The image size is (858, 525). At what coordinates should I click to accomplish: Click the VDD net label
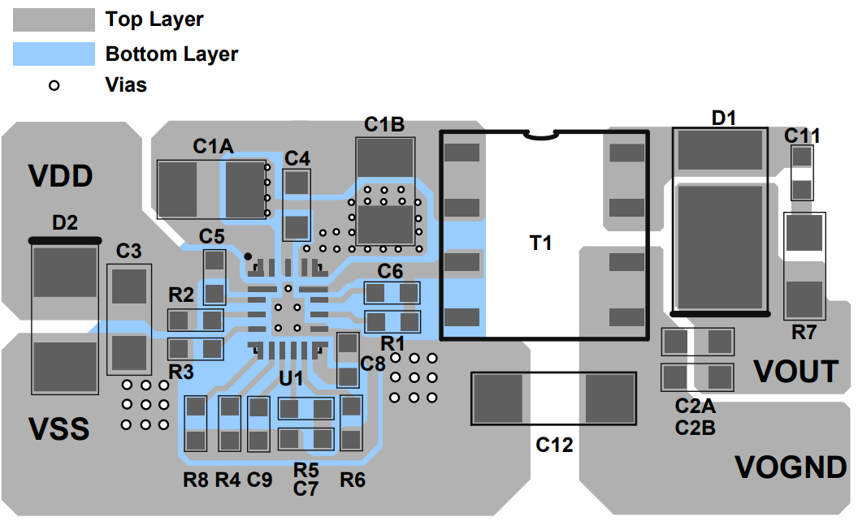(61, 176)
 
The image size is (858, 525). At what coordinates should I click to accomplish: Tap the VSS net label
(59, 428)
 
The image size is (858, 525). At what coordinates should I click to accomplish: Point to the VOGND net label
(791, 467)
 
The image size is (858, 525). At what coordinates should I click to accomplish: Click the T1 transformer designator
(541, 243)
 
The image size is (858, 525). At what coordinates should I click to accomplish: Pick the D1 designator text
(723, 118)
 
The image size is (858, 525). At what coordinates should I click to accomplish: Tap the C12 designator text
(555, 445)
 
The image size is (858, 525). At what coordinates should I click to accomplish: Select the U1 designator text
(291, 378)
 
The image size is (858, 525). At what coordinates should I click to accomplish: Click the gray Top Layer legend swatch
(54, 19)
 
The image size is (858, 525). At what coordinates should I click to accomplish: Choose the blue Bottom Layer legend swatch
(54, 54)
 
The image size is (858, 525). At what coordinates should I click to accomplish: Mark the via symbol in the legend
(54, 84)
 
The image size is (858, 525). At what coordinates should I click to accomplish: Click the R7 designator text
(804, 332)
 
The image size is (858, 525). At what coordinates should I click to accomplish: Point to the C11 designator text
(802, 136)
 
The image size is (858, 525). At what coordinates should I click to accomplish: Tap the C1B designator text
(384, 125)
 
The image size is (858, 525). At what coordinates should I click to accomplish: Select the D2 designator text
(65, 222)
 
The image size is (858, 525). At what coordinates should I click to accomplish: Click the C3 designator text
(128, 252)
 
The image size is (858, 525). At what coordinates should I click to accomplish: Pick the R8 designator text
(196, 480)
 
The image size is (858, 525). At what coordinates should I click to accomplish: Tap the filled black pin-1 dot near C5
(248, 256)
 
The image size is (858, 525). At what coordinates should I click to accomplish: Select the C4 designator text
(297, 157)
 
